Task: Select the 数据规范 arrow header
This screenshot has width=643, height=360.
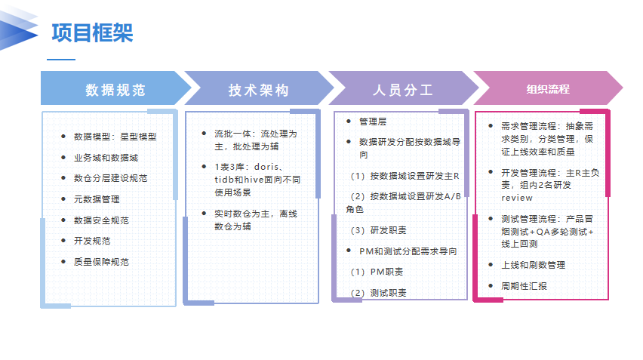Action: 115,90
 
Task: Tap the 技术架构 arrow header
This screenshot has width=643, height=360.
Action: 258,90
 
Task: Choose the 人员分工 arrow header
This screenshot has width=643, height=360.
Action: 403,90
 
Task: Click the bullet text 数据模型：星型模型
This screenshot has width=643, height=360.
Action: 115,137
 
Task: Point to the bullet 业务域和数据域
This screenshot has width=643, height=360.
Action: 106,158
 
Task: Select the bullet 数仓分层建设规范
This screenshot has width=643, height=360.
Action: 110,179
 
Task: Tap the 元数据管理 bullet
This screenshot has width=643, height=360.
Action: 97,199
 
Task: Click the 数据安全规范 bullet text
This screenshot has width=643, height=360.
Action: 101,220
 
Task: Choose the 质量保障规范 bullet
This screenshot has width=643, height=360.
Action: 101,262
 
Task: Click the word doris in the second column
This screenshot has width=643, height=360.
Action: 269,166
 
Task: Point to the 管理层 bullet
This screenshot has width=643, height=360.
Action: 373,121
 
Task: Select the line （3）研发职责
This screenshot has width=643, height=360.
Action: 378,230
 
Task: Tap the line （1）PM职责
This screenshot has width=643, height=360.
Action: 376,272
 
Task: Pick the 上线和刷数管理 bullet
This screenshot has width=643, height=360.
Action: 533,265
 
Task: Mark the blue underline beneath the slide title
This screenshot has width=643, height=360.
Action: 61,59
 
